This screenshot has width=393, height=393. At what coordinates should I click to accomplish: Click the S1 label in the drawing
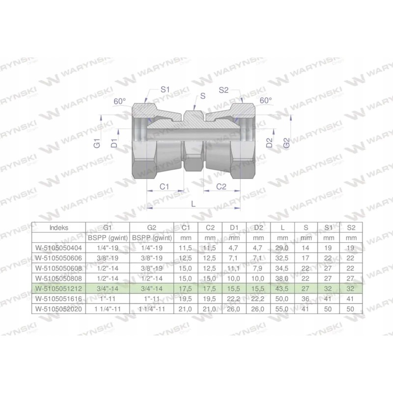(165, 90)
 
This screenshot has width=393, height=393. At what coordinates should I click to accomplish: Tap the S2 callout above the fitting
(224, 90)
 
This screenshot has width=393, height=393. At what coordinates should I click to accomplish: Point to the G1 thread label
(98, 144)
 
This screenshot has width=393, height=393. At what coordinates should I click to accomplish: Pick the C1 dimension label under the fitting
(165, 187)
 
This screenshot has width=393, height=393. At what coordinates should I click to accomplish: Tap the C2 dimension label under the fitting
(221, 187)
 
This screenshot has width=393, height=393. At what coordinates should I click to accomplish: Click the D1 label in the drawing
(114, 144)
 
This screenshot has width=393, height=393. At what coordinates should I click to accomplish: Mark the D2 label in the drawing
(269, 143)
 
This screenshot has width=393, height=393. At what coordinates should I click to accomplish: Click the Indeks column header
(59, 228)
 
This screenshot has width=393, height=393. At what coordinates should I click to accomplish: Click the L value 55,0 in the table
(282, 309)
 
